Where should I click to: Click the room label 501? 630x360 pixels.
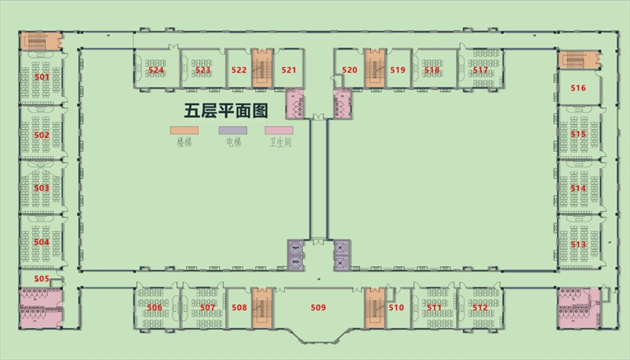click(42, 78)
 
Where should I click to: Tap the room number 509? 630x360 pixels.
click(318, 307)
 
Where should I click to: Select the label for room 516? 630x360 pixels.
click(579, 88)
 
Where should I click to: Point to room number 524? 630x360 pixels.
click(156, 70)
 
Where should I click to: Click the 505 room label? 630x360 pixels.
click(42, 279)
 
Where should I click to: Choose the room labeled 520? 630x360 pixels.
click(350, 70)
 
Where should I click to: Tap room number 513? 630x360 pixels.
click(579, 245)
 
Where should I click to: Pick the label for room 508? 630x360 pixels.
click(240, 307)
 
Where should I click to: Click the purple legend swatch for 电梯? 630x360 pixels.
click(232, 129)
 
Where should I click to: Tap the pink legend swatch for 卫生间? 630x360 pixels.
click(279, 129)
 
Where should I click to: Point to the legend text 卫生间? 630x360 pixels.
click(280, 143)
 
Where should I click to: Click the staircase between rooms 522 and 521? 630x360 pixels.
click(261, 69)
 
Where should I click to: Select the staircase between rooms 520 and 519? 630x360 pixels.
click(373, 69)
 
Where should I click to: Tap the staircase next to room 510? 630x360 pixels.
click(373, 307)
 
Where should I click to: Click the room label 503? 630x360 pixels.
click(42, 188)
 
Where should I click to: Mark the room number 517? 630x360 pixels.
click(480, 70)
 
